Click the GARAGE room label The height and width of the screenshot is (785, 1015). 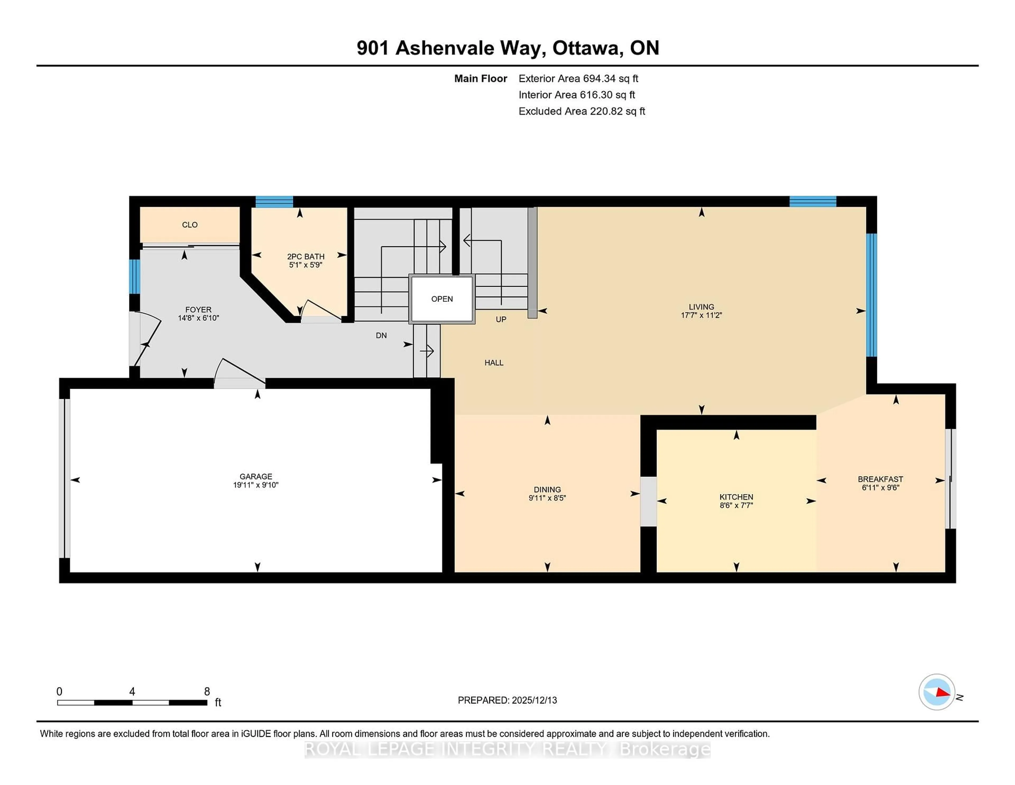point(256,476)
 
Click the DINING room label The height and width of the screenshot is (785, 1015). point(547,489)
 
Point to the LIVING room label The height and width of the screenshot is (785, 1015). point(701,307)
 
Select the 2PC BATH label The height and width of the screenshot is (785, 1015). point(305,256)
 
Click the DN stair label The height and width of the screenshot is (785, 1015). point(381,335)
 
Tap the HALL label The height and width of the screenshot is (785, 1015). point(493,363)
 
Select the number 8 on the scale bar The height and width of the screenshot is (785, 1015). point(207,692)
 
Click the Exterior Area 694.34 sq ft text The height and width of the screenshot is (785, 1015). point(578,79)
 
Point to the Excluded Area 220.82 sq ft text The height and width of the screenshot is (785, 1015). point(582,111)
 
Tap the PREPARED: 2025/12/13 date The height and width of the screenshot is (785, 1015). point(507,700)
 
